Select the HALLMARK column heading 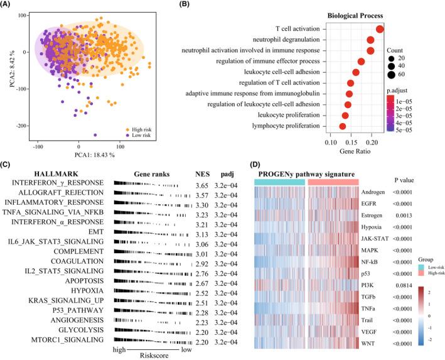click(x=32, y=174)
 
